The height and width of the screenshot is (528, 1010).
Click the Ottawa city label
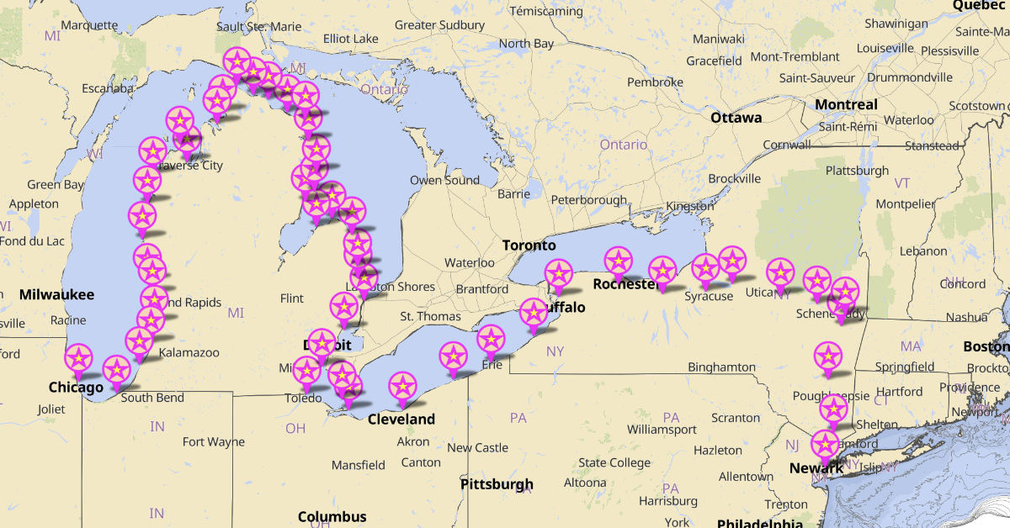[736, 118]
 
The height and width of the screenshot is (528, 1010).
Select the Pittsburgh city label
[497, 484]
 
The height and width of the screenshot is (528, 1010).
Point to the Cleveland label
[401, 420]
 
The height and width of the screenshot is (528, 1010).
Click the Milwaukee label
[56, 294]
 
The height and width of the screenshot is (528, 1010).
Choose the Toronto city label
[529, 246]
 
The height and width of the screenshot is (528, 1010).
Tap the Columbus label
[332, 516]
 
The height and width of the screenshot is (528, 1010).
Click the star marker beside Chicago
[78, 357]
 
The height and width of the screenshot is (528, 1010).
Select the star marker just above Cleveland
[403, 386]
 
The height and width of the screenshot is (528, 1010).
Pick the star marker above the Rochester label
[618, 261]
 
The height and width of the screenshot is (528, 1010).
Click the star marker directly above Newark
[825, 444]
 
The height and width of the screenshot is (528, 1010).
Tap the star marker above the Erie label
[491, 340]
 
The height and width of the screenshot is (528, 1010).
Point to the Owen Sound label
[444, 180]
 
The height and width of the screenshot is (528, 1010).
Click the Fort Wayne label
[214, 442]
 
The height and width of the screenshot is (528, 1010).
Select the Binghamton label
[721, 367]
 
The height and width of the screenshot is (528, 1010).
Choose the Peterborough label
[589, 200]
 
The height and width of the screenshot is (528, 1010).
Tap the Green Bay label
[56, 185]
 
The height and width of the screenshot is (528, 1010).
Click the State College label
[614, 462]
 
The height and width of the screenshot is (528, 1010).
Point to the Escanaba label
[108, 88]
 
